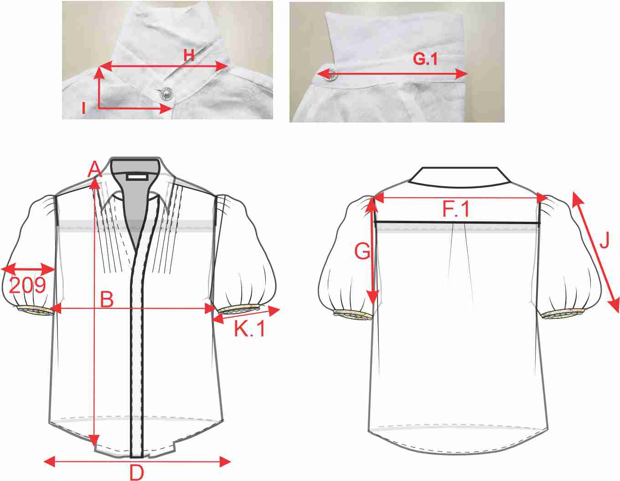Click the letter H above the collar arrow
189,55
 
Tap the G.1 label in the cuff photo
425,59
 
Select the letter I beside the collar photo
83,108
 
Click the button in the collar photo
165,93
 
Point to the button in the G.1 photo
331,74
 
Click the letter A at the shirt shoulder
95,169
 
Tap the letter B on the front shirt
107,299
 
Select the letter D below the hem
136,473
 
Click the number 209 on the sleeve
27,285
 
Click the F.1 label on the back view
456,210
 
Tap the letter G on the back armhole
362,251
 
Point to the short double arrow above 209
28,269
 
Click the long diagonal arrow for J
596,252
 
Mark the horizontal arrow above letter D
137,461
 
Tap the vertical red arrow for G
372,251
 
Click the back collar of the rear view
460,177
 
